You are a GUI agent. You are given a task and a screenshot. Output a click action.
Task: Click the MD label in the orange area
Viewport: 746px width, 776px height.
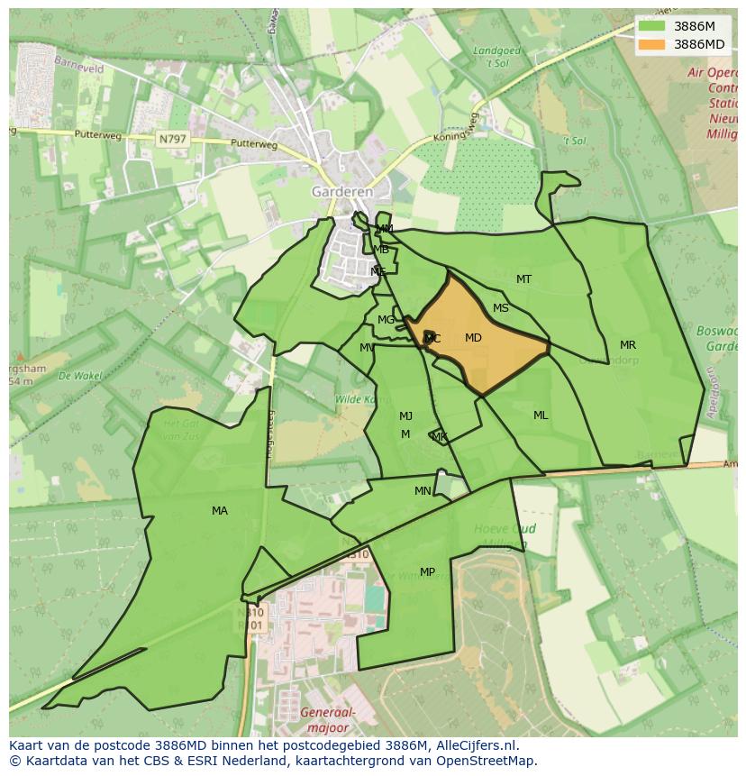(x=473, y=338)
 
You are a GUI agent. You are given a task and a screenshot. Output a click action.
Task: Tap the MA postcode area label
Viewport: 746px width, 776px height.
(x=220, y=511)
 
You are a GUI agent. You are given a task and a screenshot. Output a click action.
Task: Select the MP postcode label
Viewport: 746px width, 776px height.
(x=427, y=572)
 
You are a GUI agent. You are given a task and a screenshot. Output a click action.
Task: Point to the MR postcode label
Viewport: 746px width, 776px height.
(x=628, y=345)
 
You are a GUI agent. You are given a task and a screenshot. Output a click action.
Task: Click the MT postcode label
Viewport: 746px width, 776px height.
(x=523, y=279)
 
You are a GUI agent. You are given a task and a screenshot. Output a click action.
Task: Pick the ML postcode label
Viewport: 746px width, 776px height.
(x=541, y=415)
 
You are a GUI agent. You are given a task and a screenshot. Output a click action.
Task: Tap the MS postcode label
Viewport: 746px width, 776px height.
(x=501, y=308)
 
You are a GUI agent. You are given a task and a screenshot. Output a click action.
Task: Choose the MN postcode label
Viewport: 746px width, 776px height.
(x=423, y=491)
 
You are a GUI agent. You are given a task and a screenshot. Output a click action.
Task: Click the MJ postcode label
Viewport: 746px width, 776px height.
(x=406, y=416)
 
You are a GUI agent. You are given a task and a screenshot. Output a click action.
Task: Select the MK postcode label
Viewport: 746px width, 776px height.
(x=440, y=437)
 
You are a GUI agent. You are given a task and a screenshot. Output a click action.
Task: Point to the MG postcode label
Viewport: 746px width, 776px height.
(x=387, y=320)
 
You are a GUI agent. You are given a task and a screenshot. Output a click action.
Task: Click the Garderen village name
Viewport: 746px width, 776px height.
(x=342, y=192)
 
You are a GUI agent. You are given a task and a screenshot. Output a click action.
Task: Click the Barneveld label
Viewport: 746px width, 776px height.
(x=79, y=65)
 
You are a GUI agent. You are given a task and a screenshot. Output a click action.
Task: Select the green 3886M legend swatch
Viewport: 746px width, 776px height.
(x=651, y=27)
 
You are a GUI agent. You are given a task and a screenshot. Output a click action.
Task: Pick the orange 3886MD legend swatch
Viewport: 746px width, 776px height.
(x=651, y=44)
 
